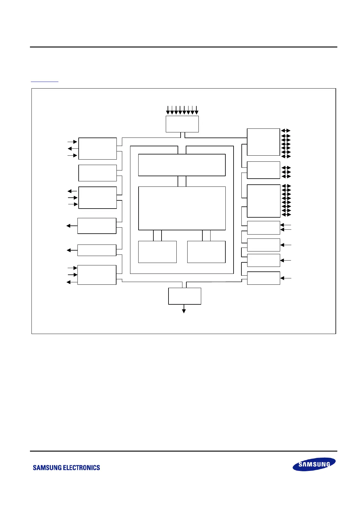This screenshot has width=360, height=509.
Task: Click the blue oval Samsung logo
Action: click(x=314, y=464)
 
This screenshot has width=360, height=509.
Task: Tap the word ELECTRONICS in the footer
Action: click(x=83, y=468)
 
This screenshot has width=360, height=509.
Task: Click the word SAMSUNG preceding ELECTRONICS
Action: click(x=49, y=468)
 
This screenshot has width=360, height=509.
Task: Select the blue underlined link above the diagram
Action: click(x=44, y=81)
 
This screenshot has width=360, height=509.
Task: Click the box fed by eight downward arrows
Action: click(x=182, y=124)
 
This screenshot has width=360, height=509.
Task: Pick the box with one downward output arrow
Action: click(x=185, y=296)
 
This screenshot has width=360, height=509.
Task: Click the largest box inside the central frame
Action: click(x=182, y=208)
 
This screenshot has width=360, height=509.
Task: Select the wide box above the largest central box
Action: click(x=182, y=165)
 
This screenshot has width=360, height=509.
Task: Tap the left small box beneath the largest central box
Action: click(x=157, y=252)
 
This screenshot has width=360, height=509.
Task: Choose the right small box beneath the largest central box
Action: click(x=206, y=252)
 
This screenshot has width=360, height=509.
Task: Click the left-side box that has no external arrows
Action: click(x=97, y=173)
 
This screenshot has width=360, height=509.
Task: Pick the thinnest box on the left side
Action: click(x=97, y=250)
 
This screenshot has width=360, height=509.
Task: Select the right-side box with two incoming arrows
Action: click(x=263, y=228)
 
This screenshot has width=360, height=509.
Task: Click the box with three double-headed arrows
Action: click(x=263, y=170)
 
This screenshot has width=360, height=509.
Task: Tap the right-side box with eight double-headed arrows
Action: click(x=263, y=201)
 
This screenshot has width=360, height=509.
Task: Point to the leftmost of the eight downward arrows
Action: click(x=168, y=111)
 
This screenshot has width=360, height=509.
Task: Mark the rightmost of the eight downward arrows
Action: click(x=197, y=111)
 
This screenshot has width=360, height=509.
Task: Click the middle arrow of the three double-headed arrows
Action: click(x=286, y=172)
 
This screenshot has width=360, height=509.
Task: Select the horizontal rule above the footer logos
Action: click(x=183, y=451)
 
